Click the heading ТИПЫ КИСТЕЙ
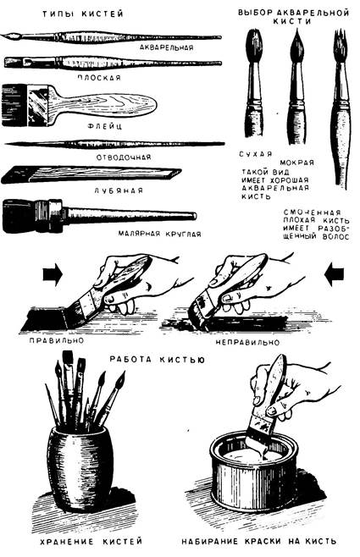tap(83, 14)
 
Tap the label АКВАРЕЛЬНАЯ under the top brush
tap(166, 47)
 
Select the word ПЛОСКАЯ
tap(99, 77)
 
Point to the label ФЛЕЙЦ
tap(104, 126)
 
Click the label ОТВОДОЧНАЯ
tap(124, 157)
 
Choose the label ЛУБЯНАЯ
tap(119, 190)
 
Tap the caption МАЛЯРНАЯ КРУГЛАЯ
tap(159, 234)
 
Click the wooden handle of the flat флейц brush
tap(103, 104)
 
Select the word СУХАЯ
tap(256, 154)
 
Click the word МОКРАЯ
tap(296, 163)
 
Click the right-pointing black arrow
tap(53, 274)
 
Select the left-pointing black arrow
tap(334, 274)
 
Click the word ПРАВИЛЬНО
tap(57, 340)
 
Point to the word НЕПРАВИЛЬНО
tap(247, 343)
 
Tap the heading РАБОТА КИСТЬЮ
tap(157, 360)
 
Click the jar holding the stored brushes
tap(80, 467)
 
